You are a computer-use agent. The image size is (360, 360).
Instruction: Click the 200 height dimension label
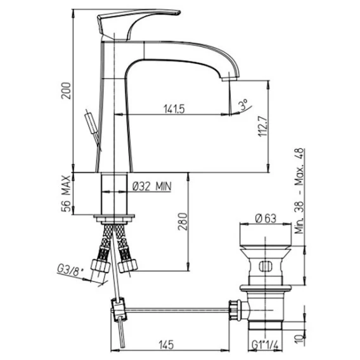(66, 91)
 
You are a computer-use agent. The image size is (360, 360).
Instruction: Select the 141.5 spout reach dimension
(174, 109)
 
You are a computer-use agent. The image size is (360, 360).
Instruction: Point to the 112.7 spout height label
(262, 126)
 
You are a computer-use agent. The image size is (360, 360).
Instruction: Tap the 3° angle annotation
(243, 105)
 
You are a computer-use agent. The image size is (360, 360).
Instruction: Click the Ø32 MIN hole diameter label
(152, 186)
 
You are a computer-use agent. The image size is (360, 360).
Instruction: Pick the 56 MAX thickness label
(66, 193)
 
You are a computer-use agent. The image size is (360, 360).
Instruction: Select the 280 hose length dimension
(183, 221)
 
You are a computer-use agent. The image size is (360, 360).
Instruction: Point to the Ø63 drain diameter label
(266, 218)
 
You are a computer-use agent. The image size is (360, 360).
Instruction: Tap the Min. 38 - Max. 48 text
(299, 191)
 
